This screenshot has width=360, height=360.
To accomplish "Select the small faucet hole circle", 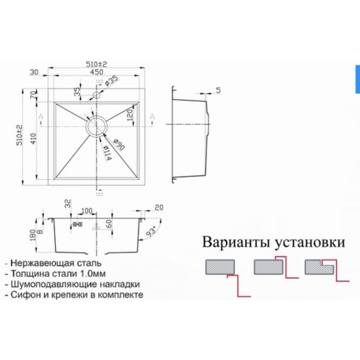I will point(96,96).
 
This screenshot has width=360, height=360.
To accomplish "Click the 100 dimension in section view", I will point(86,211).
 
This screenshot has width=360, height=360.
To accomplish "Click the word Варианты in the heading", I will point(233,242).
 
